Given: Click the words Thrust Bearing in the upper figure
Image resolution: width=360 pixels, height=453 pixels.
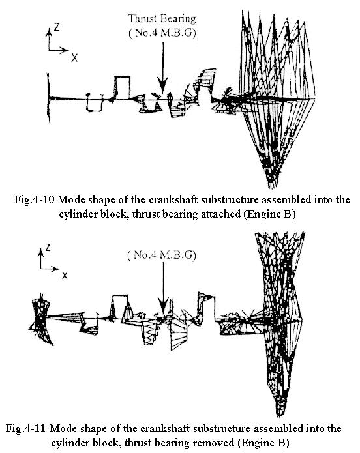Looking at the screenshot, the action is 162,19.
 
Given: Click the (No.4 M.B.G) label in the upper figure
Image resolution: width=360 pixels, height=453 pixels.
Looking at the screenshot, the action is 162,33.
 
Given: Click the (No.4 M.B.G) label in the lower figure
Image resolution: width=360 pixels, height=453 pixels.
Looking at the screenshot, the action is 162,255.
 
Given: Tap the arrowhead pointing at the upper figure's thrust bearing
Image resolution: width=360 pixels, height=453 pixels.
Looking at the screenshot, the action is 163,85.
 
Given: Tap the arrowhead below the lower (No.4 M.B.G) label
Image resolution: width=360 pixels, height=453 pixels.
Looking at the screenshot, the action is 164,307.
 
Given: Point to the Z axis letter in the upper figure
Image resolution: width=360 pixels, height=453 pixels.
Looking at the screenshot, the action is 57,27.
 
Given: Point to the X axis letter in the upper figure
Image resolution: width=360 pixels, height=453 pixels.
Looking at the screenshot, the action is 74,58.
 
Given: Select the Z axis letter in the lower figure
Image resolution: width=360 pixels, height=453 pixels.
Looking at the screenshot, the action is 48,247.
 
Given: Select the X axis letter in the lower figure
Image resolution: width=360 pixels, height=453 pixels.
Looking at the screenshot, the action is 65,275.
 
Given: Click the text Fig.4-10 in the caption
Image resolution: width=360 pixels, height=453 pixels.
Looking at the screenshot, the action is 34,200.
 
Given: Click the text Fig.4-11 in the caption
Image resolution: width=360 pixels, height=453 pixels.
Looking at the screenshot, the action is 25,428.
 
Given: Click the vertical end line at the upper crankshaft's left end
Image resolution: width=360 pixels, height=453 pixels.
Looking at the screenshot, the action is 49,98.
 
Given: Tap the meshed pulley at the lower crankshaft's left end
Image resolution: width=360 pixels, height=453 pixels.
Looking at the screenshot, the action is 40,319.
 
